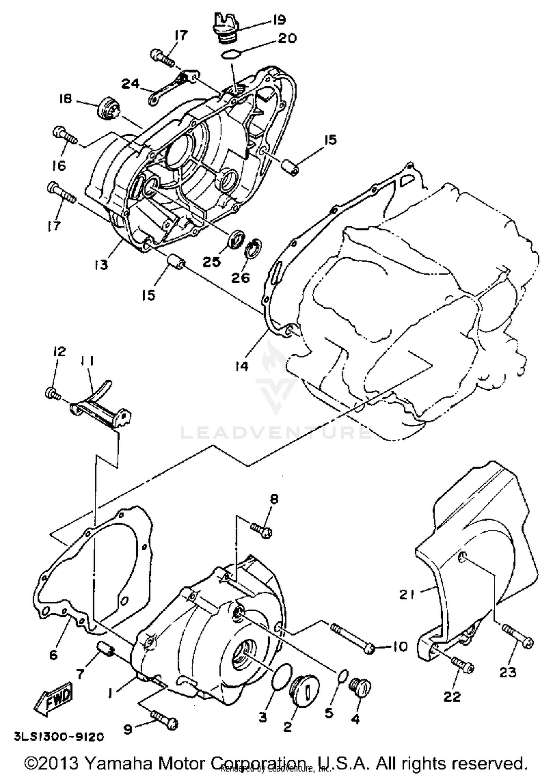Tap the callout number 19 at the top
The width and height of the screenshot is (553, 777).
(x=279, y=19)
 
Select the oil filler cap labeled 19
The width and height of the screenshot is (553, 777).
(x=225, y=29)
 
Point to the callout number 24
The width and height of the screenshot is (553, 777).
(x=131, y=84)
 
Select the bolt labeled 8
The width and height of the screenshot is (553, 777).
(x=261, y=530)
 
